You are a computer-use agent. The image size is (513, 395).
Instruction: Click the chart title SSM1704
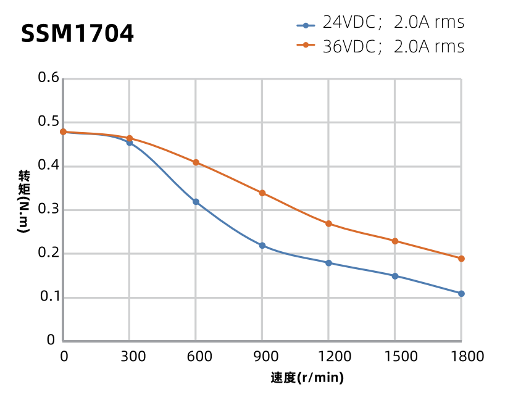[77, 33]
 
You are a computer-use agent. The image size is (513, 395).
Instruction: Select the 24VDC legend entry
[380, 23]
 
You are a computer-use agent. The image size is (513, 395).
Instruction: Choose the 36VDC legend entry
[380, 46]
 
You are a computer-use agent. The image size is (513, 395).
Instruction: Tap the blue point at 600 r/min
[196, 202]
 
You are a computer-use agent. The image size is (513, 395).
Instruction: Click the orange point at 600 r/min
[196, 162]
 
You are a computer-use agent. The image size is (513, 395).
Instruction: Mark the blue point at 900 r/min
[262, 246]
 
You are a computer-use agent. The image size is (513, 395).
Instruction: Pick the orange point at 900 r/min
[262, 193]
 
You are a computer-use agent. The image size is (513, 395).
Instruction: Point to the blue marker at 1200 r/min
[328, 263]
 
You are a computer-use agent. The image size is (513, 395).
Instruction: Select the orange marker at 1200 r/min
[328, 223]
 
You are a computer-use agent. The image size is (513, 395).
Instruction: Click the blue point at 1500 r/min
[395, 276]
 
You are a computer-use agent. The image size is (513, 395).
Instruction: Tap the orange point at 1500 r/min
[395, 241]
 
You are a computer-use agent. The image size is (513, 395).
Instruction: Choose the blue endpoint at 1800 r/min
[461, 294]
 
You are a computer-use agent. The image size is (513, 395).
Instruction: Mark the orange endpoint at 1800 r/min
[461, 259]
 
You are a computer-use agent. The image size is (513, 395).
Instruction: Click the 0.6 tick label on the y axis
[48, 78]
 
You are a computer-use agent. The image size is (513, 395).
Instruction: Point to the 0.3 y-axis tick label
[48, 209]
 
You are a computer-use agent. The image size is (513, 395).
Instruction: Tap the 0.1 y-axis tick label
[48, 297]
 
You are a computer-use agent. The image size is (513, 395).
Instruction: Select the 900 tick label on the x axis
[262, 356]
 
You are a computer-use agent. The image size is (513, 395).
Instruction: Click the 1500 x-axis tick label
[395, 356]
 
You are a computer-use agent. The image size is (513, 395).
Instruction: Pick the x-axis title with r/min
[307, 378]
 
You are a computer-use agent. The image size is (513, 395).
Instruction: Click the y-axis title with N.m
[23, 201]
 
